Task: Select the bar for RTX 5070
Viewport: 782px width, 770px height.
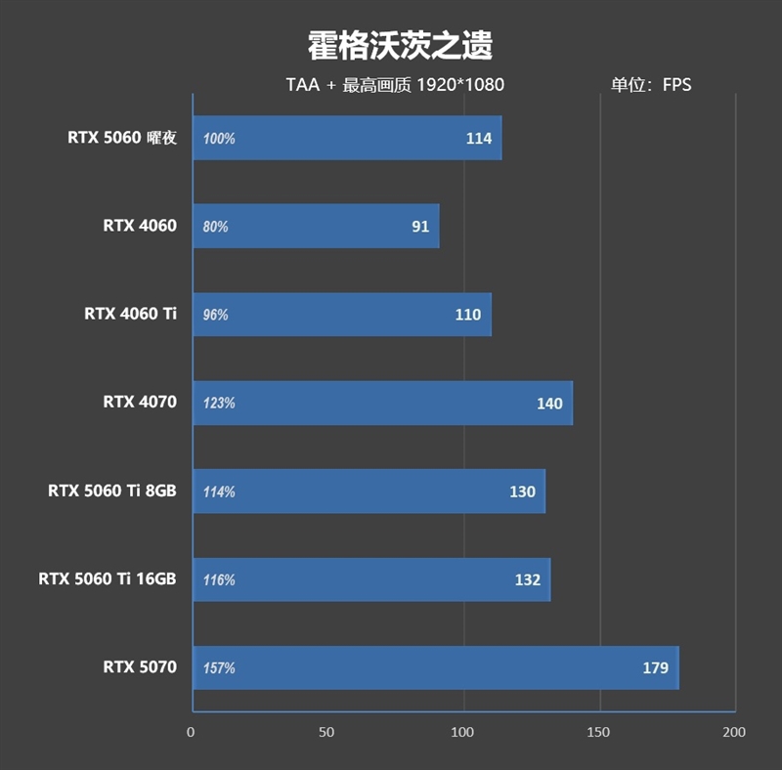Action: click(x=435, y=668)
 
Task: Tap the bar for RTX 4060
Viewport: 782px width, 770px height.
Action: click(x=316, y=227)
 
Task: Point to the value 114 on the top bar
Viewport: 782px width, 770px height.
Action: click(x=479, y=139)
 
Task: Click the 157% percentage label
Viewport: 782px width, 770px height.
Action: click(x=219, y=668)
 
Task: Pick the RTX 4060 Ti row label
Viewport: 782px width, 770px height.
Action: click(x=130, y=314)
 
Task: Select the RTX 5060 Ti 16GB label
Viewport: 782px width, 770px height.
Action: click(x=108, y=578)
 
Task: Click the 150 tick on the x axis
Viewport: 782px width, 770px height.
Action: click(x=599, y=732)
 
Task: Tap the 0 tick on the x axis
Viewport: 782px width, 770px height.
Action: click(x=192, y=732)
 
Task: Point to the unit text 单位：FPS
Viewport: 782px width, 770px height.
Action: click(x=651, y=85)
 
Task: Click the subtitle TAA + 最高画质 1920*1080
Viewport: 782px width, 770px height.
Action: click(x=395, y=85)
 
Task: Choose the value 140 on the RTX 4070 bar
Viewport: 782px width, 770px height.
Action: click(x=549, y=404)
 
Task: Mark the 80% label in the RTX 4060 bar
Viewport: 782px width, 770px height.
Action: click(x=216, y=227)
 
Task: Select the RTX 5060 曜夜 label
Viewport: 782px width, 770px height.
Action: click(x=122, y=138)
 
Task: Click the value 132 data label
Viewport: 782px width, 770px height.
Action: click(x=528, y=580)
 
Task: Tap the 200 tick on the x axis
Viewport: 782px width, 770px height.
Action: click(x=733, y=732)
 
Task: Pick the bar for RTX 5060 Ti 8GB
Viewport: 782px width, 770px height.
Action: click(x=369, y=492)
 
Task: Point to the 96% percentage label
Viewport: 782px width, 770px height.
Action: click(x=216, y=315)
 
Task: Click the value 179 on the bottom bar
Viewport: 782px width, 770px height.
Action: click(x=656, y=668)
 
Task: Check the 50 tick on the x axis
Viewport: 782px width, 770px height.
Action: click(x=327, y=732)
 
